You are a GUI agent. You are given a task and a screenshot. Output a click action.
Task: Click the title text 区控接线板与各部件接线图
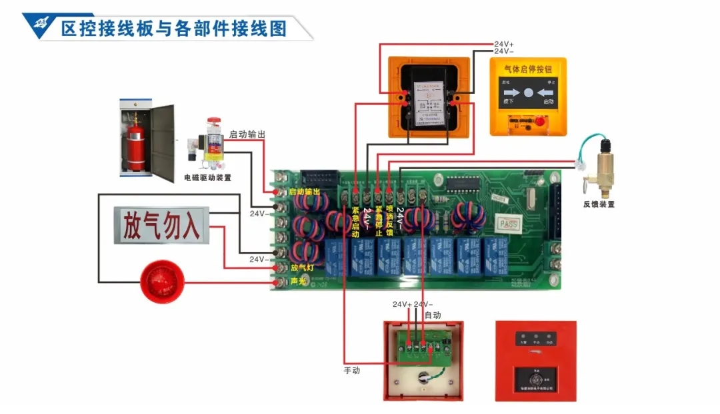click(x=173, y=29)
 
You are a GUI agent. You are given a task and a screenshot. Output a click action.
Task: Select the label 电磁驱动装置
click(x=208, y=178)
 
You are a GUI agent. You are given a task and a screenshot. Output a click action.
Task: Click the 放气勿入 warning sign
click(x=161, y=226)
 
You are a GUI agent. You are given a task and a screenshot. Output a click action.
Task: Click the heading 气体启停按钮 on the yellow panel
click(x=528, y=69)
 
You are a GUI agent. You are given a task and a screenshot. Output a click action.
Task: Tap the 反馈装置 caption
click(x=599, y=204)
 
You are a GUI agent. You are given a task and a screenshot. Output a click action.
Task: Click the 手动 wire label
click(x=351, y=370)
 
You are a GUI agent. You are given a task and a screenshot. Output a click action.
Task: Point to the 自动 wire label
click(x=433, y=314)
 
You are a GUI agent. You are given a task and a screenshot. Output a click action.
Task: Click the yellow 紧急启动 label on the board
click(x=355, y=222)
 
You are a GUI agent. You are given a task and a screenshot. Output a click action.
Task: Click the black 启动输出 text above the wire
click(x=247, y=134)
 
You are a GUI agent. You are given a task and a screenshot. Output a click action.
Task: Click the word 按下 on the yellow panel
click(x=509, y=102)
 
